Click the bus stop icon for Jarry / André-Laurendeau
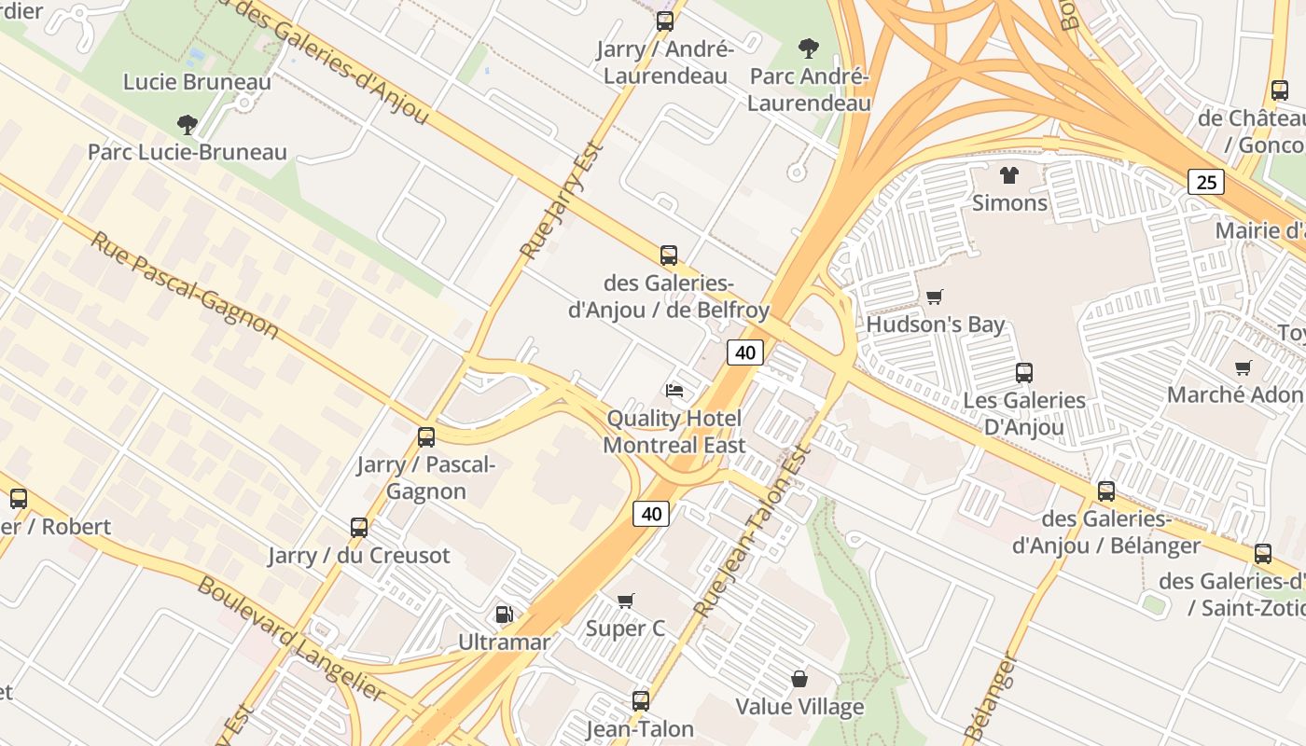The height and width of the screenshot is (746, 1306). pyautogui.click(x=664, y=21)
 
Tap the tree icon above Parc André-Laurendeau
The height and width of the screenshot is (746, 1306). pyautogui.click(x=808, y=48)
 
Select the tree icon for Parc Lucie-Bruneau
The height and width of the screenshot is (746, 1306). pyautogui.click(x=188, y=124)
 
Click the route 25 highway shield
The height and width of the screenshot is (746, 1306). pyautogui.click(x=1205, y=182)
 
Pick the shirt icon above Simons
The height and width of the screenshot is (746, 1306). pyautogui.click(x=1008, y=174)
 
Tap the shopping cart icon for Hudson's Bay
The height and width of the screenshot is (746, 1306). pyautogui.click(x=934, y=297)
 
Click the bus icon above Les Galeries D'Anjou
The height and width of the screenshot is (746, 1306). pyautogui.click(x=1023, y=373)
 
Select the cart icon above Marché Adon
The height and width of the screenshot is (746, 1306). pyautogui.click(x=1243, y=367)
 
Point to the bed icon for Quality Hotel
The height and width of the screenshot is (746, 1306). pyautogui.click(x=674, y=390)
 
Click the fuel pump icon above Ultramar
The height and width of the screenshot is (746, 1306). pyautogui.click(x=504, y=614)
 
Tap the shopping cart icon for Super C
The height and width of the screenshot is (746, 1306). pyautogui.click(x=625, y=601)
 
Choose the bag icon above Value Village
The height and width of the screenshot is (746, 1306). pyautogui.click(x=799, y=679)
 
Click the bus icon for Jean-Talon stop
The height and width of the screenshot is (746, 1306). pyautogui.click(x=640, y=700)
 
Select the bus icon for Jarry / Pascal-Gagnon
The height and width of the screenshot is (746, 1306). pyautogui.click(x=426, y=436)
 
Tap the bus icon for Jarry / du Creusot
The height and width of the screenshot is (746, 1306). pyautogui.click(x=359, y=528)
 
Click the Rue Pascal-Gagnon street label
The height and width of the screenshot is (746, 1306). pyautogui.click(x=185, y=284)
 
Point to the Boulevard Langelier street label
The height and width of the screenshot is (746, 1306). pyautogui.click(x=290, y=639)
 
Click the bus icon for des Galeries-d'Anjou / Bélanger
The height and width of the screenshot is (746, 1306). pyautogui.click(x=1105, y=490)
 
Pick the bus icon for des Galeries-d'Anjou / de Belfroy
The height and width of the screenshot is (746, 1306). pyautogui.click(x=668, y=255)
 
